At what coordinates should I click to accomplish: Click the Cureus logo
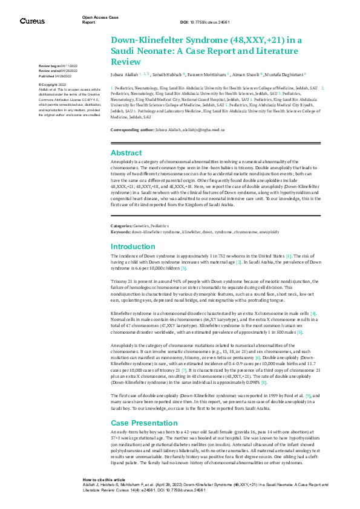(x=31, y=21)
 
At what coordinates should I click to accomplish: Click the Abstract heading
(x=126, y=153)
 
